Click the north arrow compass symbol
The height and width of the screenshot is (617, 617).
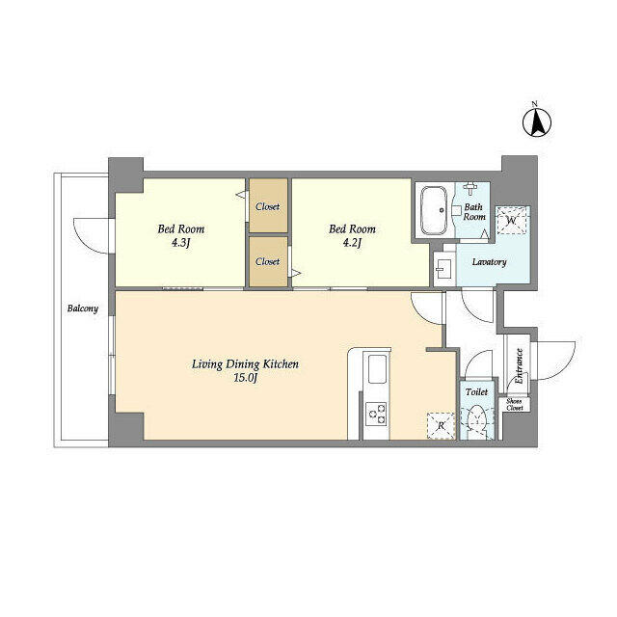coord(536,122)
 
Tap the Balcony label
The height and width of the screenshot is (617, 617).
coord(82,308)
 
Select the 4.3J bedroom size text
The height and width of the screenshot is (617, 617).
coord(180,243)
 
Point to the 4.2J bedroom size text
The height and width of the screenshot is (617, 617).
coord(352,243)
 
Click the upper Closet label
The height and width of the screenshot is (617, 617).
coord(268,206)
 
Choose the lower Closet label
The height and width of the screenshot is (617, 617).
coord(268,261)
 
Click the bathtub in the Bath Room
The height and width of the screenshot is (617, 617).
coord(435,210)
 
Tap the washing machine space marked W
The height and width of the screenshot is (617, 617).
coord(511,221)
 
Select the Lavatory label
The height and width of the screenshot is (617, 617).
coord(489,262)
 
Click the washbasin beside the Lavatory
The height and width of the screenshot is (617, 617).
coord(444,269)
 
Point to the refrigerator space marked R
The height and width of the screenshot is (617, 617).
coord(441,425)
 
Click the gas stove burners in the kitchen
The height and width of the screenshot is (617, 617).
coord(376,414)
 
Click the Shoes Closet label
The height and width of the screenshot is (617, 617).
coord(514,405)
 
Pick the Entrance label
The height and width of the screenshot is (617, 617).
coord(519,366)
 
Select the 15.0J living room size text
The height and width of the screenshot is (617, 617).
coord(246,378)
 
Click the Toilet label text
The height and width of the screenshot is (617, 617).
coord(476,392)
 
